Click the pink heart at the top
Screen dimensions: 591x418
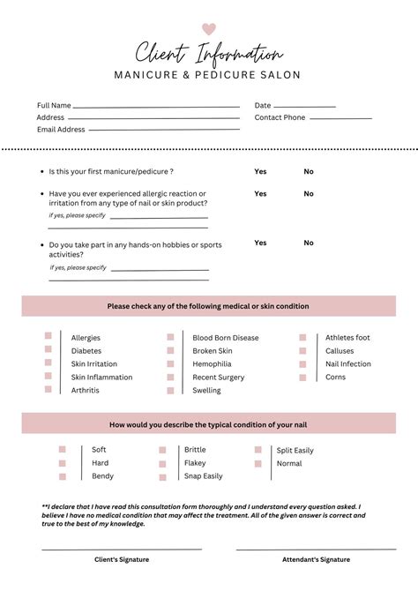click(x=209, y=28)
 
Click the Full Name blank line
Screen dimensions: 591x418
click(x=156, y=107)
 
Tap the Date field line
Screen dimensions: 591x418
click(x=305, y=107)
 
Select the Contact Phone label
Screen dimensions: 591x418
click(x=280, y=117)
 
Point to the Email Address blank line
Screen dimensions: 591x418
click(x=163, y=131)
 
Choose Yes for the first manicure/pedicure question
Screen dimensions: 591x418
click(x=260, y=171)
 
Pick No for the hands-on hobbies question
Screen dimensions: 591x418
click(x=309, y=243)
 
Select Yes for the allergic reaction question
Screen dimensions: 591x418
click(x=260, y=193)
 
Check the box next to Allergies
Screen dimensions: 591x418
click(x=49, y=337)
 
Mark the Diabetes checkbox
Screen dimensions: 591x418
click(x=49, y=350)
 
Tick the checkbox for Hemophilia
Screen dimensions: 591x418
click(x=170, y=363)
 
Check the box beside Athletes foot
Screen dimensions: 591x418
click(x=302, y=337)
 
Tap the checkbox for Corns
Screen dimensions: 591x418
click(x=302, y=377)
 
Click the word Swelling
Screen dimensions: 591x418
click(x=206, y=391)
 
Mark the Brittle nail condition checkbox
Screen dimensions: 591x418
click(x=162, y=450)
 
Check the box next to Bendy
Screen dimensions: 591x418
click(x=63, y=476)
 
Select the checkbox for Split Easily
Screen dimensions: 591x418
click(x=258, y=450)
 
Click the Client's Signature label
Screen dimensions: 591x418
click(x=122, y=559)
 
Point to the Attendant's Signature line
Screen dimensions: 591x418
click(x=316, y=550)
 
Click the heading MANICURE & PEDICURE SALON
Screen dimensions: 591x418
click(x=207, y=75)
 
